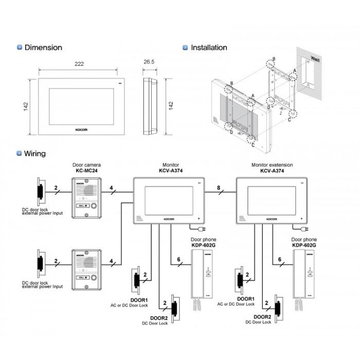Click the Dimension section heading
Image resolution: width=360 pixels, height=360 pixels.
tap(43, 47)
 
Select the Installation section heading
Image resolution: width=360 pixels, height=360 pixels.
tap(208, 47)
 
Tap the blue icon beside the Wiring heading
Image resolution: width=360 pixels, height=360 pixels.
tap(20, 153)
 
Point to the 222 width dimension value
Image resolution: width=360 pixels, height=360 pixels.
tap(79, 64)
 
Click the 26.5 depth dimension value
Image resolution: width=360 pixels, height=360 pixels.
tap(149, 62)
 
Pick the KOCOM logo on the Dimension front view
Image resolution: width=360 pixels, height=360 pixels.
tap(81, 130)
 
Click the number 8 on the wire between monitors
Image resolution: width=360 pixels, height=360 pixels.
tap(220, 189)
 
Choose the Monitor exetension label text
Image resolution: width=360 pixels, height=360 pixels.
tap(272, 165)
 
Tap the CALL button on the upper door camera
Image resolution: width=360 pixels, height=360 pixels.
tap(83, 206)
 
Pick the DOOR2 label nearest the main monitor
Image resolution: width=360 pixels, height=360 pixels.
tap(155, 318)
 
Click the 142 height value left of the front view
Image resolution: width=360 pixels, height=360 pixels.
tap(26, 105)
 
